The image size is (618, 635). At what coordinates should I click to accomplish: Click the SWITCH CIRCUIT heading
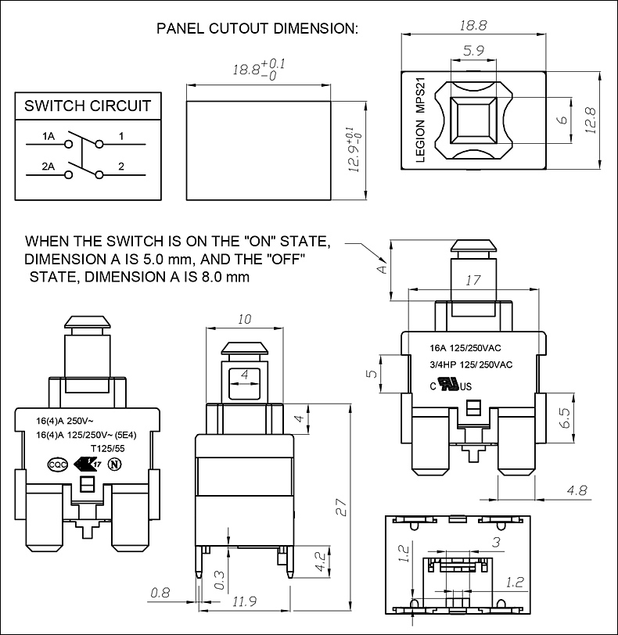[88, 106]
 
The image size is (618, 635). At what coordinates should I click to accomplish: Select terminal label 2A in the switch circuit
[48, 166]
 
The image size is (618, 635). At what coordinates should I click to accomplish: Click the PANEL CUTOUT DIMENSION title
[257, 29]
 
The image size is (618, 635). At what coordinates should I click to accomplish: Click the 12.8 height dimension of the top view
[591, 120]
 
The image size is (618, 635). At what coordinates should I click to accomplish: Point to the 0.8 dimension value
[160, 593]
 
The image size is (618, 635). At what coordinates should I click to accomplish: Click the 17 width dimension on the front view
[472, 280]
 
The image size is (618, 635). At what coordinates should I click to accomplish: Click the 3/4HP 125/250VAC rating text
[471, 364]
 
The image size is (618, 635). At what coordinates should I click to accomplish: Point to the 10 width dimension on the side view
[245, 319]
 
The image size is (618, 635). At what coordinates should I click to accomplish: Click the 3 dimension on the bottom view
[496, 541]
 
